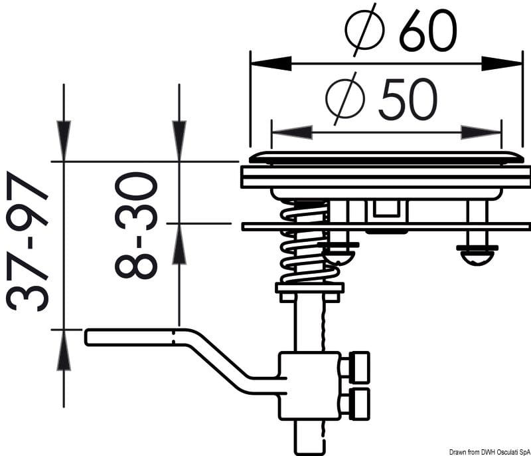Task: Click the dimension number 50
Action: (408, 99)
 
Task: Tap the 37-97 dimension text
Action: (27, 241)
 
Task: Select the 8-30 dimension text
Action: (136, 225)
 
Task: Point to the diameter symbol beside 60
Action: (365, 30)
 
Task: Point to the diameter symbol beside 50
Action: (345, 98)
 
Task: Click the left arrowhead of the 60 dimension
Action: (271, 63)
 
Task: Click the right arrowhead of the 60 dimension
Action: (502, 63)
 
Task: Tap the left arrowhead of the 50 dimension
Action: (292, 132)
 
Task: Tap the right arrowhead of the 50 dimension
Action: (481, 132)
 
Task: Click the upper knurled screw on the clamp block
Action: (356, 367)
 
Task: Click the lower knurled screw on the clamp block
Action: (356, 404)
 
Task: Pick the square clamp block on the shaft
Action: (309, 386)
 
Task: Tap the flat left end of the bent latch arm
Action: (86, 337)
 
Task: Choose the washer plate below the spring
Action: (309, 288)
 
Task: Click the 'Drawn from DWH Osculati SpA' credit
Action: (490, 452)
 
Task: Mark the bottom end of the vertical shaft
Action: (311, 453)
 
